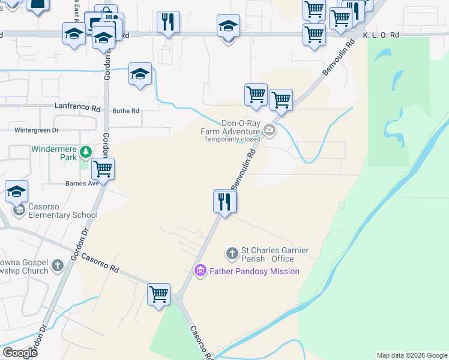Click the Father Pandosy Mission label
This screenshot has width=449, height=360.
[254, 271]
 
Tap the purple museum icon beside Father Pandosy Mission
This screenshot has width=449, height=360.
[200, 271]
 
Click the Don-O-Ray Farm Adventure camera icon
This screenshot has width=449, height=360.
[270, 130]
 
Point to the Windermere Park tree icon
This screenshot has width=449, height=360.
[86, 152]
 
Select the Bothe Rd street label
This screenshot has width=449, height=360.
[126, 111]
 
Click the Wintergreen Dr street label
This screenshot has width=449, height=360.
[37, 130]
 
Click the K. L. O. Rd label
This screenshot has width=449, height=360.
[381, 35]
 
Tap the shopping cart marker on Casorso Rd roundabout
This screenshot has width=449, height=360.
[159, 295]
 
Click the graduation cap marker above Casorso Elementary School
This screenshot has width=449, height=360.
[16, 191]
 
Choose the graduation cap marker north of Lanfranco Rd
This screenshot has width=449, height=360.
[140, 74]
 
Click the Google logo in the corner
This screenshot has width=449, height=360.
[19, 352]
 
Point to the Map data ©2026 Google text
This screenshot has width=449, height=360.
[411, 355]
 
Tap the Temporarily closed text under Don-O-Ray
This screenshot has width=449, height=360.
[232, 139]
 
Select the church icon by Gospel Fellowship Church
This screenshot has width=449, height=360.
[58, 265]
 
